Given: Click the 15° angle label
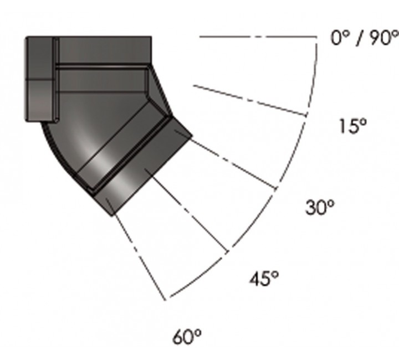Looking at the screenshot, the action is tap(353, 126).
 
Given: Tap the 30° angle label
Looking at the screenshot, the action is tap(320, 207).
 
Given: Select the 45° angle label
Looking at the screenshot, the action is tap(264, 278).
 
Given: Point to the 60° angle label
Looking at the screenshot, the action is tap(187, 337).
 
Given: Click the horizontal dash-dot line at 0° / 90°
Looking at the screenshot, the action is tap(258, 37).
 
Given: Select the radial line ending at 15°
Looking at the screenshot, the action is tap(250, 101).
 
